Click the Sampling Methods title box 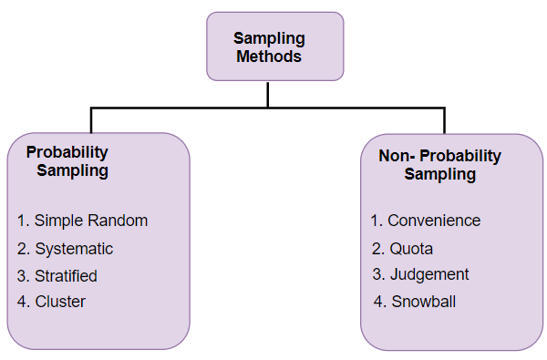(274, 46)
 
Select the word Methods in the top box (269, 56)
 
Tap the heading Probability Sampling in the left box (69, 161)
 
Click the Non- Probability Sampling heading (439, 165)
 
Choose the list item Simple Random (82, 221)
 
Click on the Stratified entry (57, 275)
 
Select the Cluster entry (52, 302)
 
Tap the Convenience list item (425, 221)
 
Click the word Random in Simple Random (120, 221)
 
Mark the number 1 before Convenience (375, 221)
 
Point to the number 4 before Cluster (22, 302)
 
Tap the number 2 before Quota (376, 248)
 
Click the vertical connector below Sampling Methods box (268, 94)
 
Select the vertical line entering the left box (91, 120)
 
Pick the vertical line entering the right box (444, 120)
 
